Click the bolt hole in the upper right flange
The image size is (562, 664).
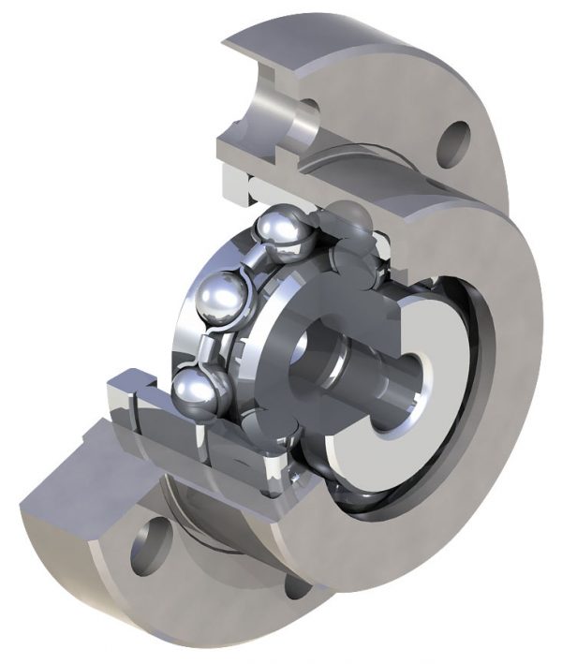click(454, 141)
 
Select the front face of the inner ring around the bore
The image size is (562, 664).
click(281, 323)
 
